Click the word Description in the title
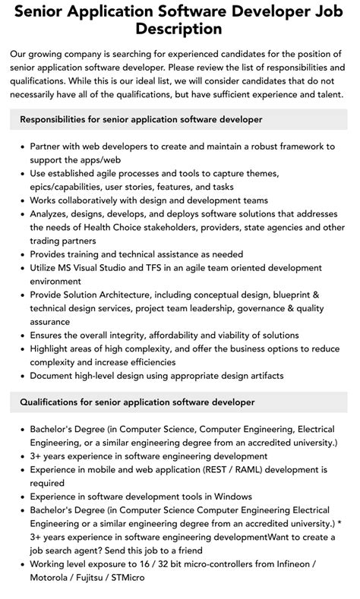tap(179, 30)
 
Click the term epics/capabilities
tap(73, 185)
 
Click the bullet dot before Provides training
tap(21, 254)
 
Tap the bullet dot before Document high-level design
tap(21, 376)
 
